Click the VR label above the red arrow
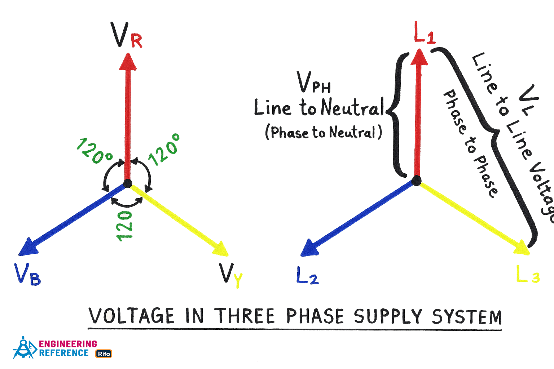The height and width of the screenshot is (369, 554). coord(126,36)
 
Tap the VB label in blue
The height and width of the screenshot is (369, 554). coord(27,275)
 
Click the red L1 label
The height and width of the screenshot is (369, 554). coord(425,33)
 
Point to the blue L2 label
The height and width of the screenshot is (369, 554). coord(307,276)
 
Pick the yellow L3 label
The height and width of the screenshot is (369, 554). coord(528,275)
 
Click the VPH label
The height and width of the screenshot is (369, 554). coord(313,83)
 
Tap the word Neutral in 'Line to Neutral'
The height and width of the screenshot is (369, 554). coord(352,107)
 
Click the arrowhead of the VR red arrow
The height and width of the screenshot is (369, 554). coord(128,62)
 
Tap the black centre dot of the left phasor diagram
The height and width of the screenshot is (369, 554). coord(128,183)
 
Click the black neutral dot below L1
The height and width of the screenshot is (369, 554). coord(416,181)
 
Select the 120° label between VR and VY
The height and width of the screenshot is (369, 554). coord(164,150)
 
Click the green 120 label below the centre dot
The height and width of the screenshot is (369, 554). coord(124,226)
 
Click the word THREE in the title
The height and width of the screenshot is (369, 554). coord(245,316)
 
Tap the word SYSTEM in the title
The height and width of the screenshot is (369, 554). coord(467,317)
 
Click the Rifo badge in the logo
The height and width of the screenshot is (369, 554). coord(104,354)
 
